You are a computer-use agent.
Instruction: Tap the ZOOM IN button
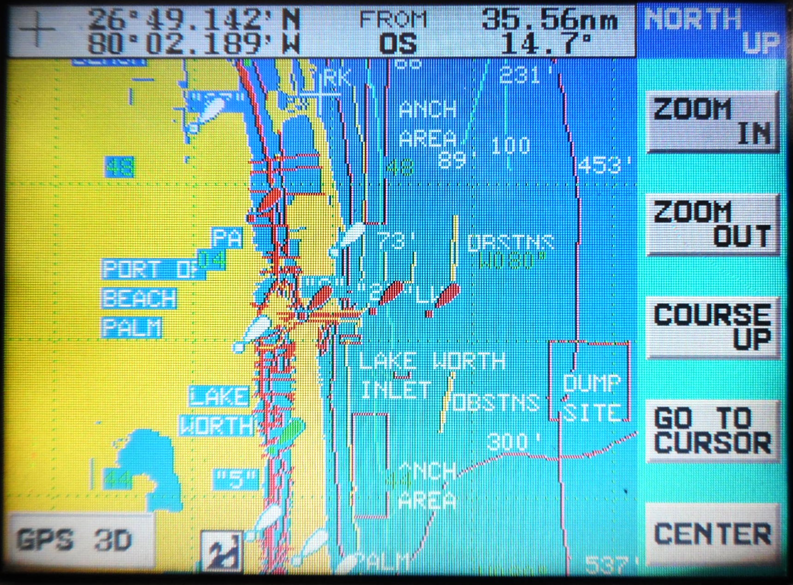pos(712,122)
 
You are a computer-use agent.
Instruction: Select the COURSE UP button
pos(712,327)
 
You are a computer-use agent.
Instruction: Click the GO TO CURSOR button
pos(712,430)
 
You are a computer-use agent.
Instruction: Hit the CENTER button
pos(712,534)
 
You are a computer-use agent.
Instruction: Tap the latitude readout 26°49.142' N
pos(194,19)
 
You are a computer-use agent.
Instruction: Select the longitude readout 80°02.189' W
pos(194,44)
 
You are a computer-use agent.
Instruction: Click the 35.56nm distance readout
pos(549,19)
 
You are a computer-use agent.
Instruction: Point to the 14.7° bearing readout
pos(546,44)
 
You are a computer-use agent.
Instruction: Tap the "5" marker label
pos(236,479)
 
